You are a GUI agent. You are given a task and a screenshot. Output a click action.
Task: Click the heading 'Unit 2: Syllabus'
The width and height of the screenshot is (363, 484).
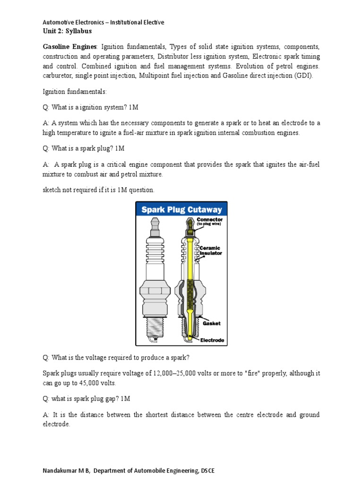[x=67, y=31]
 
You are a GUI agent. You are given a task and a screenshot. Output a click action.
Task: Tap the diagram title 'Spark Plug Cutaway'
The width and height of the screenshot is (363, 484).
[x=181, y=209]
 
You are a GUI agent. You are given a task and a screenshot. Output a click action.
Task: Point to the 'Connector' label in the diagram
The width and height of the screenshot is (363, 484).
[x=209, y=220]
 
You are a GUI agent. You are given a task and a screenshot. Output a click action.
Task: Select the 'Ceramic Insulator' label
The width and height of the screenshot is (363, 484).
[x=209, y=251]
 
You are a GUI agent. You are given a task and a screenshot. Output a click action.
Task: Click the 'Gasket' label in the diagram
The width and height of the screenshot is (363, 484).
[x=212, y=323]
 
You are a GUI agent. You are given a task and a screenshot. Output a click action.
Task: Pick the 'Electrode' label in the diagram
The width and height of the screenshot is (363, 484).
[x=212, y=339]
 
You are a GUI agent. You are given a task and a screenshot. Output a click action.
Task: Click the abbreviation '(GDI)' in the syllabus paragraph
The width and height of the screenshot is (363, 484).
[x=303, y=76]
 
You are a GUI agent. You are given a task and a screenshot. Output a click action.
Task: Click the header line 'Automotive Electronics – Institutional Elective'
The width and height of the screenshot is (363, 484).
[x=104, y=22]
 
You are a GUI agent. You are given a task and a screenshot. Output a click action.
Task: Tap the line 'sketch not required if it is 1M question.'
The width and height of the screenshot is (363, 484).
[x=98, y=190]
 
